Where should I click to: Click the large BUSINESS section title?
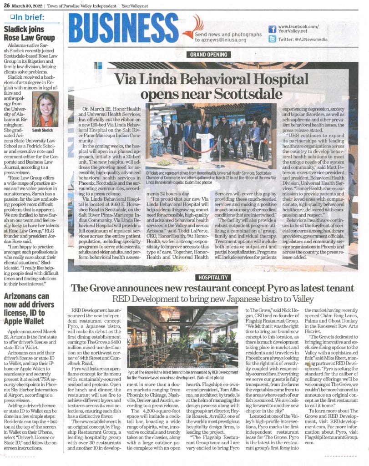(124, 28)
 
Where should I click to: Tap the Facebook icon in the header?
(272, 29)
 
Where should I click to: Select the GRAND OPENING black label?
(209, 56)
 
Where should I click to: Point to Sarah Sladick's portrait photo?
(45, 110)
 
